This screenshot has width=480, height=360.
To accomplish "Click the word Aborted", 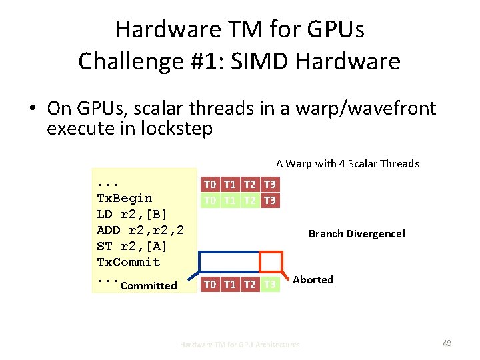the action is (x=313, y=279).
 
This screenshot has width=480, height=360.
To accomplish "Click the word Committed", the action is (x=149, y=285).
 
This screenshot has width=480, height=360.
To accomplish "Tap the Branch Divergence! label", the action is (x=357, y=234).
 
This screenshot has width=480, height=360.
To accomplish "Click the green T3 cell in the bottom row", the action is (x=270, y=285).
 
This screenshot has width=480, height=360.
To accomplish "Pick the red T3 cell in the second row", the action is (x=270, y=200).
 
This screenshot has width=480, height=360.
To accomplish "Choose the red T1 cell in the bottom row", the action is (x=230, y=285).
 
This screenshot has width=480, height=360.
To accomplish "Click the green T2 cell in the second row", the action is (x=250, y=200).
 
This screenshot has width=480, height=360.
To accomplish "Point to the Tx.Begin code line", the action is (x=125, y=198).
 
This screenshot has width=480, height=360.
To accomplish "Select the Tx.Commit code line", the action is (x=129, y=262).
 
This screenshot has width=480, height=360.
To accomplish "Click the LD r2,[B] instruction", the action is (x=132, y=214).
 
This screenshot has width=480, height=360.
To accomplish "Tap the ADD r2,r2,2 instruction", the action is (x=140, y=230).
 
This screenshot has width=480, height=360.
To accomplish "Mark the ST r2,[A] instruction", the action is (x=132, y=246).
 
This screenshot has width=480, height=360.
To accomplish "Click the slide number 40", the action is (x=447, y=343).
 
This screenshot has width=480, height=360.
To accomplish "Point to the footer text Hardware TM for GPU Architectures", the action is (x=240, y=345).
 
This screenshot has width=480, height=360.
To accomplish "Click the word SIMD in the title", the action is (x=265, y=61).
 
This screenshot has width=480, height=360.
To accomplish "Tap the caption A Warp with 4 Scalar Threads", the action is (x=347, y=163).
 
